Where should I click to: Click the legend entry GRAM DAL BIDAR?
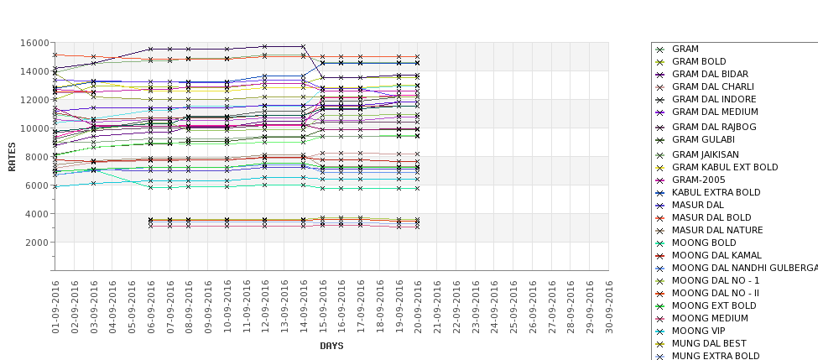[x=711, y=74]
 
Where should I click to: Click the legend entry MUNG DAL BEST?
[x=710, y=343]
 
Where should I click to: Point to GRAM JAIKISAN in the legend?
[x=706, y=154]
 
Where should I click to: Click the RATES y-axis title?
[x=12, y=156]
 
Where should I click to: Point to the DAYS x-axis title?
[x=331, y=346]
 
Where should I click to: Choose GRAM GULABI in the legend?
[x=703, y=139]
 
